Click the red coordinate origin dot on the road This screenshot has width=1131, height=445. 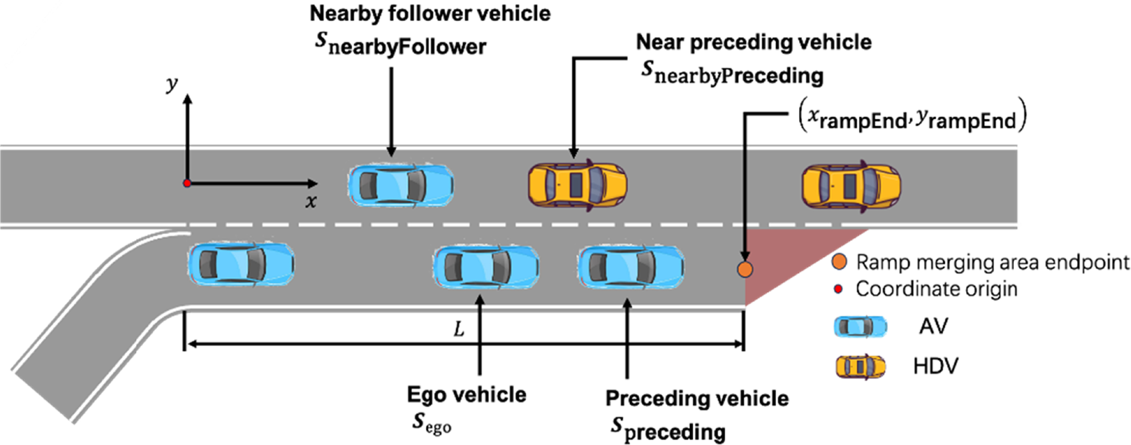point(187,183)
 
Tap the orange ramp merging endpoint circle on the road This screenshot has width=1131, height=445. point(745,269)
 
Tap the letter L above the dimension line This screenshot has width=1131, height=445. point(459,329)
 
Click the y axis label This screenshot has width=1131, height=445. point(172,84)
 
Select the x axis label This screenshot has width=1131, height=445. point(311,202)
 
